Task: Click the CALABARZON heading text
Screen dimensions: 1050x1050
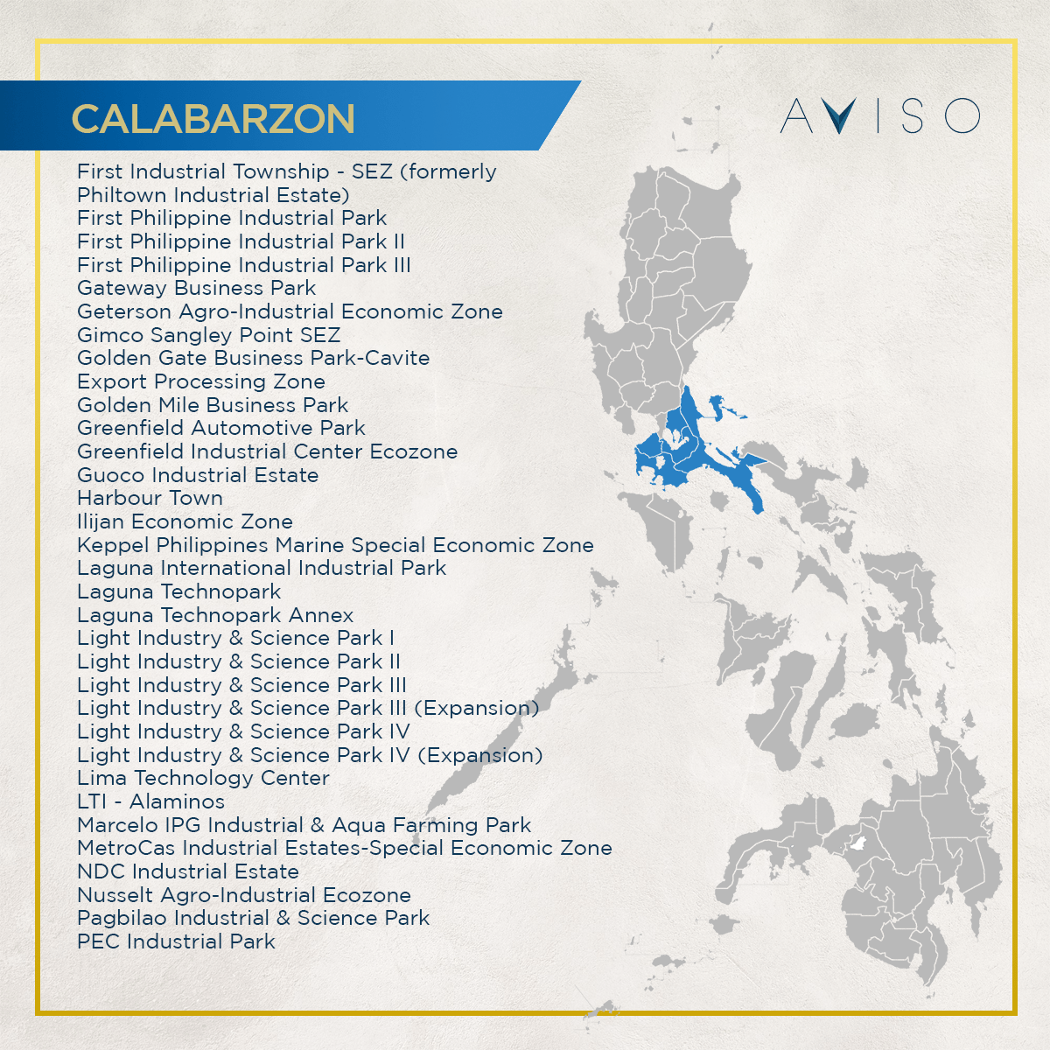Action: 213,119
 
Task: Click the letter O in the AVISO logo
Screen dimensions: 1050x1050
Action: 962,115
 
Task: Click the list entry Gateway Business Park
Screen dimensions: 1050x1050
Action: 196,288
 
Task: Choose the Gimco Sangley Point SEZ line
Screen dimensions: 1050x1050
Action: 208,335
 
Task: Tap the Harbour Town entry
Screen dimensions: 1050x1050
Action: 150,498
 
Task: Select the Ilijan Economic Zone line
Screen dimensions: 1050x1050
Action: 185,521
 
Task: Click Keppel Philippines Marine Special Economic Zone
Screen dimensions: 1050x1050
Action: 335,545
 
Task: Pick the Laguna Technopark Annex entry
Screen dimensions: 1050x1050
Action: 215,615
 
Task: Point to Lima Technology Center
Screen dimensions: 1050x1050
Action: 203,778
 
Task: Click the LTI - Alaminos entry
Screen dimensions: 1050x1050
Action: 150,801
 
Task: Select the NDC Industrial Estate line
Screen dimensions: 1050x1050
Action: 188,871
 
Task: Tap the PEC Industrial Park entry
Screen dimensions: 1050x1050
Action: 176,941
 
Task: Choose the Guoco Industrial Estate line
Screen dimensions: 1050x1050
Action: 198,475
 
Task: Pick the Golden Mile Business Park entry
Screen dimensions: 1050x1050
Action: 213,405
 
